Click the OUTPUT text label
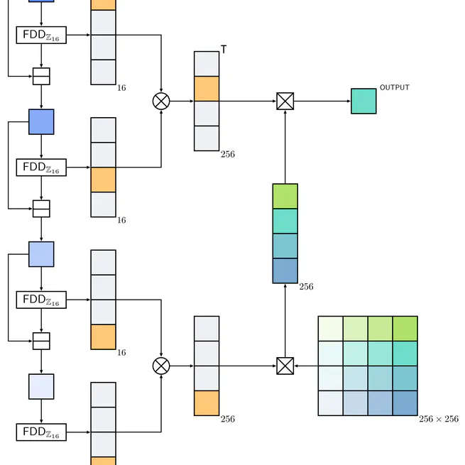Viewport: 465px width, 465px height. tap(395, 87)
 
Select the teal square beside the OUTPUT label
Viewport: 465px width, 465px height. tap(363, 101)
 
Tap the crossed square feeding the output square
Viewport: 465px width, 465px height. tap(285, 101)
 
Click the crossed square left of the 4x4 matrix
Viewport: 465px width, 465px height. tap(285, 366)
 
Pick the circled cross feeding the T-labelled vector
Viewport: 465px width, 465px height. tap(161, 101)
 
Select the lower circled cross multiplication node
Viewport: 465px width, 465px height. tap(161, 366)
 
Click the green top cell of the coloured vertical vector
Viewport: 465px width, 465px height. tap(285, 196)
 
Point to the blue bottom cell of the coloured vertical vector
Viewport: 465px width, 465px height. tap(285, 270)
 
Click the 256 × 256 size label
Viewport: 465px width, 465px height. tap(439, 419)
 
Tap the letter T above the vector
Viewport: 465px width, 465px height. tap(224, 50)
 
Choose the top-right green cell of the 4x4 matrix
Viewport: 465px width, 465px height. tap(405, 329)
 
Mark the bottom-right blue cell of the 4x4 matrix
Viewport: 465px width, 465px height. tap(405, 403)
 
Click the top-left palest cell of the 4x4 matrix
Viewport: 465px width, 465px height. tap(331, 329)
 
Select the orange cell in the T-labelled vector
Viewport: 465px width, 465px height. tap(207, 88)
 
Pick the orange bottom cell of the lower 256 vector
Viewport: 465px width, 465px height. tap(207, 403)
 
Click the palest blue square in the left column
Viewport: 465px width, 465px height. tap(41, 386)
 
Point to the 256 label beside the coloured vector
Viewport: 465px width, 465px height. tap(306, 287)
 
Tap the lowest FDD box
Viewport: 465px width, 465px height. tap(41, 432)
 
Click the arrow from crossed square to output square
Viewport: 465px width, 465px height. tap(322, 101)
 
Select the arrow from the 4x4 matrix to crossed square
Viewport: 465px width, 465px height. tap(306, 366)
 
